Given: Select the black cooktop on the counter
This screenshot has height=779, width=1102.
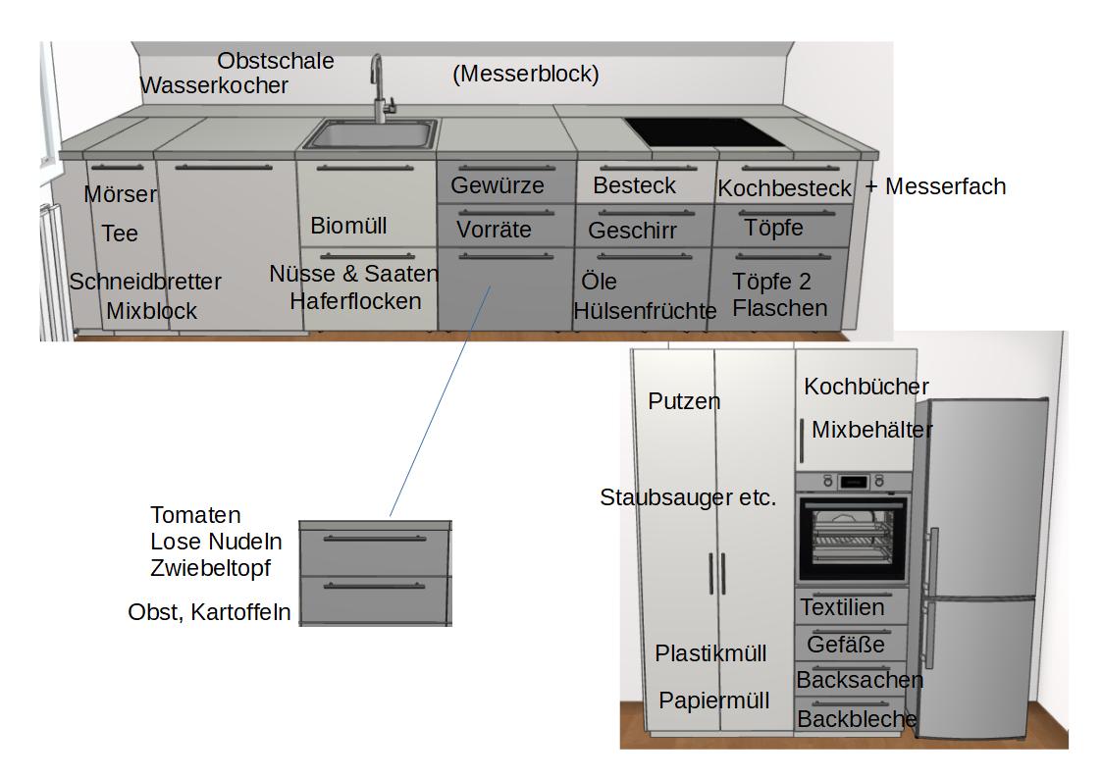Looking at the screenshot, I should pyautogui.click(x=706, y=131).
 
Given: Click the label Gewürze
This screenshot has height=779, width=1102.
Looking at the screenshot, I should pyautogui.click(x=497, y=185).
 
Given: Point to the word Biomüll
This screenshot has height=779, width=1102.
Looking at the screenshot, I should pyautogui.click(x=348, y=226).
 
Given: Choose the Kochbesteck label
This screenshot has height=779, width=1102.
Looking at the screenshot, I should pyautogui.click(x=784, y=188).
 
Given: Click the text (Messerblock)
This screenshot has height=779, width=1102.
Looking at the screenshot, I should pyautogui.click(x=525, y=74).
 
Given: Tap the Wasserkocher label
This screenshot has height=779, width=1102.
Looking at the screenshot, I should pyautogui.click(x=214, y=85).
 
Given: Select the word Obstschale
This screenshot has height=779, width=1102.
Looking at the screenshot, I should pyautogui.click(x=275, y=61).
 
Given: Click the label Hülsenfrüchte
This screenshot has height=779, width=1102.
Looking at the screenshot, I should pyautogui.click(x=645, y=311).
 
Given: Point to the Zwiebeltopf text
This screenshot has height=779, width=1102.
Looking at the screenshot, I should pyautogui.click(x=210, y=567).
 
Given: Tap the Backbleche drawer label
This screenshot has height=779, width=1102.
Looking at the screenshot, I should pyautogui.click(x=856, y=719).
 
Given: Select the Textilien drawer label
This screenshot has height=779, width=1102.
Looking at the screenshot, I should pyautogui.click(x=842, y=607).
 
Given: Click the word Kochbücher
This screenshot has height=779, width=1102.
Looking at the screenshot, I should pyautogui.click(x=866, y=387).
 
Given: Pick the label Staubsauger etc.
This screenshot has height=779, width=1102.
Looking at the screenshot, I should pyautogui.click(x=687, y=497).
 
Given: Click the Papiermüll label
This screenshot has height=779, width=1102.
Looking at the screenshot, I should pyautogui.click(x=713, y=701).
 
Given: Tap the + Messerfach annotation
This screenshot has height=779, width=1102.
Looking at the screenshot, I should pyautogui.click(x=935, y=186).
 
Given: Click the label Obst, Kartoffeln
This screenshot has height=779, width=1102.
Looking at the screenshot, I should pyautogui.click(x=209, y=612).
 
